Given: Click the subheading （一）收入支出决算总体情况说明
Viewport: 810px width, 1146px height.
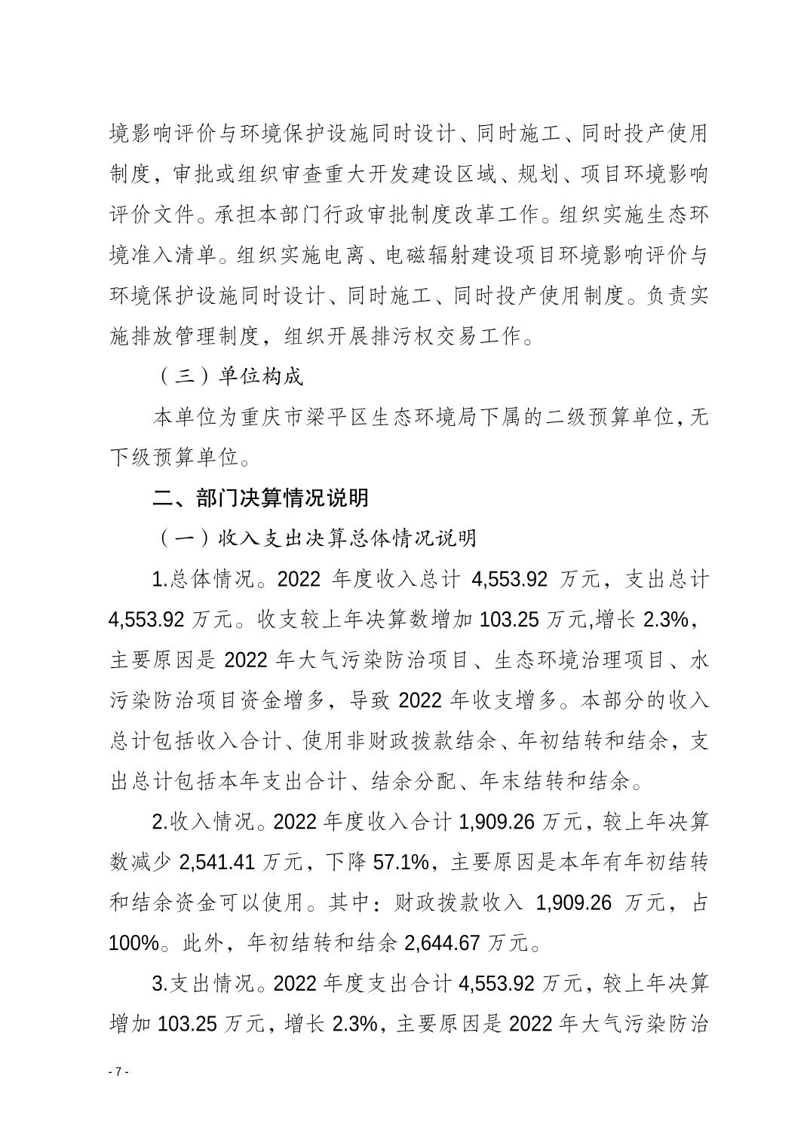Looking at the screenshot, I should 317,538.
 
